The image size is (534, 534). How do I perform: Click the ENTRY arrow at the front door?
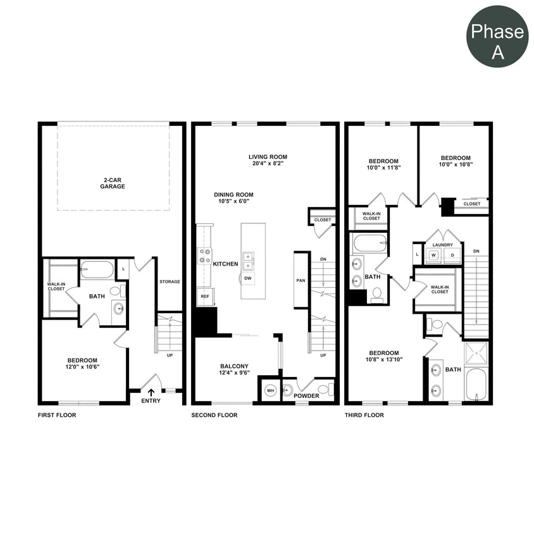[151, 392]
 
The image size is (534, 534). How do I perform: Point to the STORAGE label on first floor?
[170, 282]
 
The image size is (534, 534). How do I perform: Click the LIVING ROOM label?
[268, 157]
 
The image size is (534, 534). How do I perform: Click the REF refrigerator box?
[205, 296]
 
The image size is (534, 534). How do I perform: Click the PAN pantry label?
[301, 280]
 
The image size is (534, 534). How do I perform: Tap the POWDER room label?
[306, 396]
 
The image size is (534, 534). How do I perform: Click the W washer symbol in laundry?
[434, 255]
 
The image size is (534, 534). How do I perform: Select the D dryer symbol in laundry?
[452, 255]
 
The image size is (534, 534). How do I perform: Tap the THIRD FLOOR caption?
[364, 416]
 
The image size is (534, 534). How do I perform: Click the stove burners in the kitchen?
[205, 255]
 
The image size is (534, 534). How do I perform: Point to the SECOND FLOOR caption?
[214, 416]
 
